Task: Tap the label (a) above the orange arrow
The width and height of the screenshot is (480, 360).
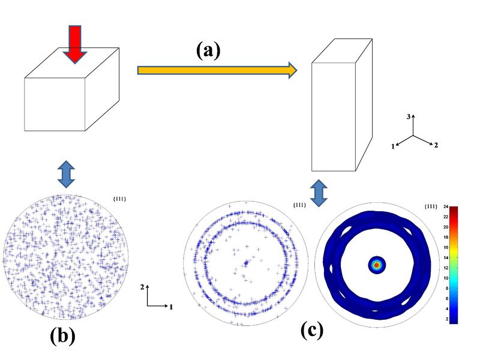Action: coord(208,50)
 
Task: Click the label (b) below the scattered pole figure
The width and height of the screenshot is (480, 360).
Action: coord(62,337)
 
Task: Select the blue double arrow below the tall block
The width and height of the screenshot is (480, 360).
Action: coord(319,190)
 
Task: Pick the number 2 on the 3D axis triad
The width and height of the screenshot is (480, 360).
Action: coord(436,145)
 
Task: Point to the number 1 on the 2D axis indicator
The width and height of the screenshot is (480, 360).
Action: coord(171,307)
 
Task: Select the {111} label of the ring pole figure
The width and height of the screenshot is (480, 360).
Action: coord(299,205)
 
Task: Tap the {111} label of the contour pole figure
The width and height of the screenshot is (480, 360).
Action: coord(430,206)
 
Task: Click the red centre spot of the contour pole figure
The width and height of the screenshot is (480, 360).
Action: coord(377,264)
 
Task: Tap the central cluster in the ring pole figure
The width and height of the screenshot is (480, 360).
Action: coord(246,263)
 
